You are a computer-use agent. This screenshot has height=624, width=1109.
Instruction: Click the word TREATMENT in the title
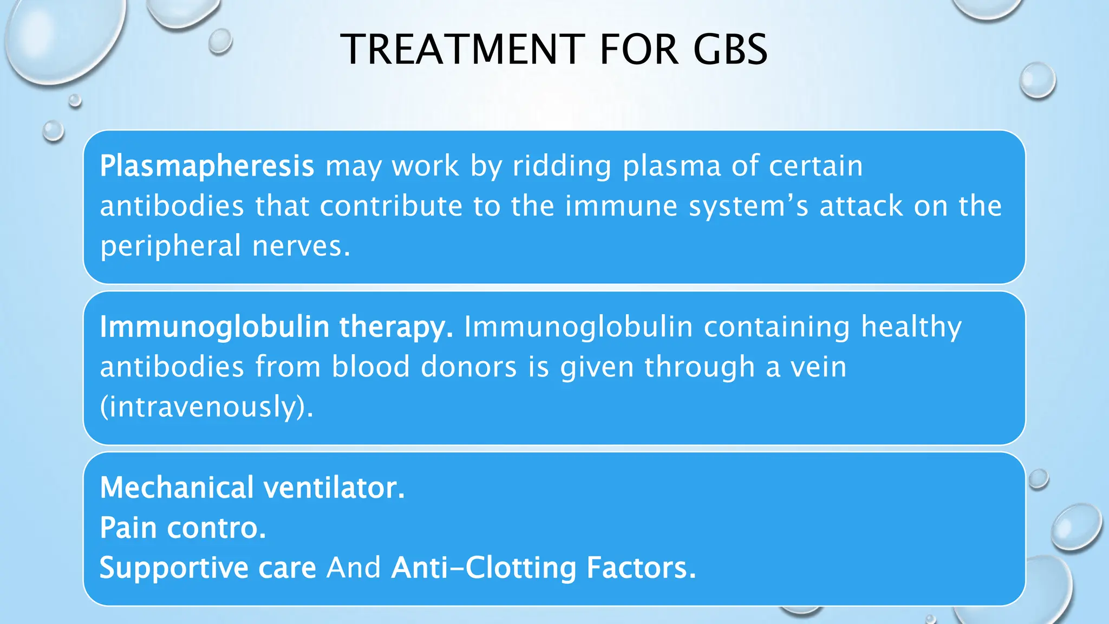[463, 49]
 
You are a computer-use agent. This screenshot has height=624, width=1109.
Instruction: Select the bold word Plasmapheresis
[207, 166]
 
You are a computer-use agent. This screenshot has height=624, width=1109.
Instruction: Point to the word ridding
[562, 166]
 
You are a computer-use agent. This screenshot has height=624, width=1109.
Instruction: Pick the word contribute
[391, 206]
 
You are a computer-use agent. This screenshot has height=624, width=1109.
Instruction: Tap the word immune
[621, 206]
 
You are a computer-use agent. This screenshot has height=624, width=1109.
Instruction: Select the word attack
[862, 206]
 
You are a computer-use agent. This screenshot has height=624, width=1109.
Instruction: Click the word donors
[469, 367]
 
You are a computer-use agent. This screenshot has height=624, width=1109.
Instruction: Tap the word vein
[818, 367]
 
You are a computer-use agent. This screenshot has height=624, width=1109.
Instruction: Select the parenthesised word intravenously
[206, 407]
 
